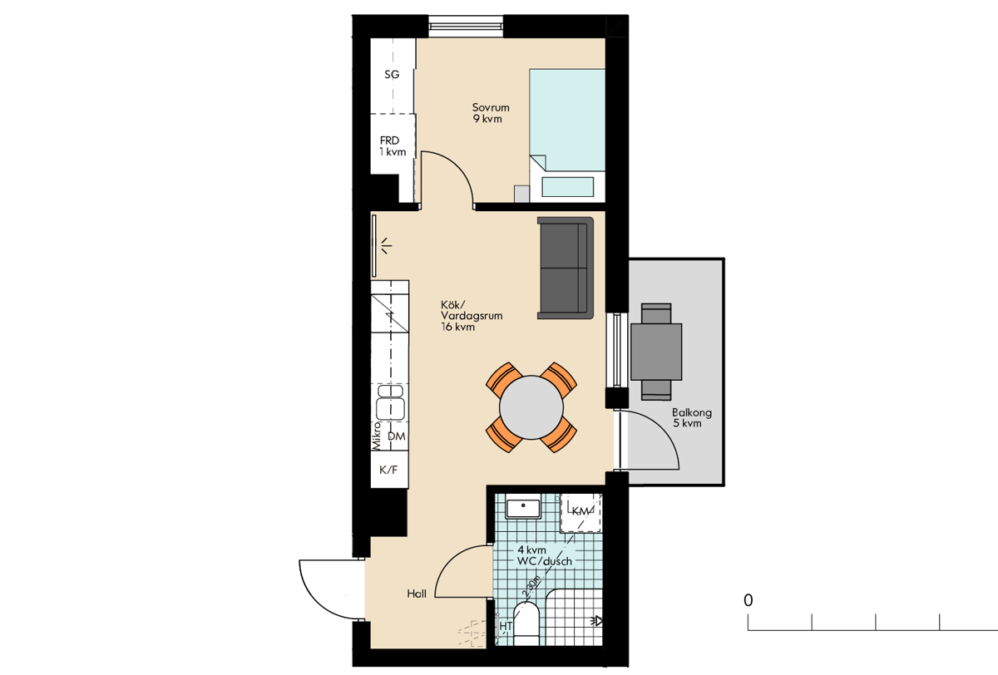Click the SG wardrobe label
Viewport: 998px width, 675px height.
[392, 74]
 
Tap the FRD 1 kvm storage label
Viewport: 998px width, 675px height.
[393, 146]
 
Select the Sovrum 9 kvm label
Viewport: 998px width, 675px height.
[490, 113]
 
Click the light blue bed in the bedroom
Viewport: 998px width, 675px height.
[567, 134]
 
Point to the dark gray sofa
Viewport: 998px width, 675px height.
[566, 268]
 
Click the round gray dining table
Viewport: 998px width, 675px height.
[531, 407]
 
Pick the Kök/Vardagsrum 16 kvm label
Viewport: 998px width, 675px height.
[472, 316]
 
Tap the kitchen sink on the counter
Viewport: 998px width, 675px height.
[391, 402]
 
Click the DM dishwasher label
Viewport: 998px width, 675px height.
[396, 436]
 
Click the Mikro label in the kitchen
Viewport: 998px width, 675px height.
[377, 436]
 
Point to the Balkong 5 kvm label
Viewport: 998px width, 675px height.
[691, 417]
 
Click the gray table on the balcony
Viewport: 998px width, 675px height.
[656, 352]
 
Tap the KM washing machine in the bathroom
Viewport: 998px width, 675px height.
[581, 512]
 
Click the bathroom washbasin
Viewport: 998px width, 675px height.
[523, 506]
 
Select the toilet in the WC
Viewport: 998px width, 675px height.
[526, 623]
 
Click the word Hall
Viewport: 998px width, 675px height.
[417, 594]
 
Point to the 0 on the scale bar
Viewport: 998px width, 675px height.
[748, 600]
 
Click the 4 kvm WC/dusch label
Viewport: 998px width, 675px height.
[545, 555]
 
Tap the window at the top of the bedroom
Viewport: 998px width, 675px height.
[466, 27]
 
